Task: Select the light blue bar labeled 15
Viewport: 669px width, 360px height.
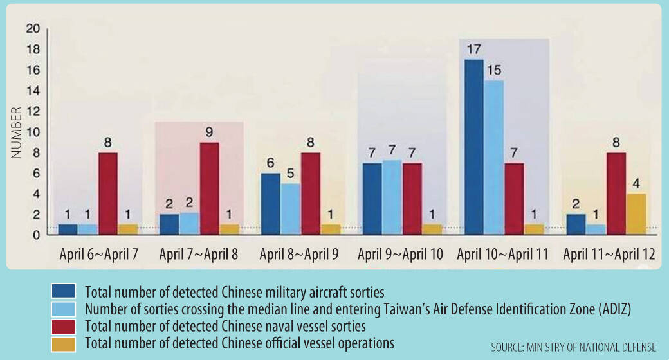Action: pyautogui.click(x=494, y=157)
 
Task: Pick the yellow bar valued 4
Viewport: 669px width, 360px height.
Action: pyautogui.click(x=636, y=214)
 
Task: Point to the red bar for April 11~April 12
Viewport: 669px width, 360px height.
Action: pyautogui.click(x=616, y=194)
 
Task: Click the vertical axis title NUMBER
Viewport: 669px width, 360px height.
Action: pyautogui.click(x=15, y=131)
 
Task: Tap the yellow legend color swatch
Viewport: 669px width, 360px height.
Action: pyautogui.click(x=64, y=344)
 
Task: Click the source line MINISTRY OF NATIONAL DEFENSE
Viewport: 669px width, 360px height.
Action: pyautogui.click(x=574, y=347)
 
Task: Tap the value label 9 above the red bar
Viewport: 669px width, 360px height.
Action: pyautogui.click(x=208, y=134)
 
